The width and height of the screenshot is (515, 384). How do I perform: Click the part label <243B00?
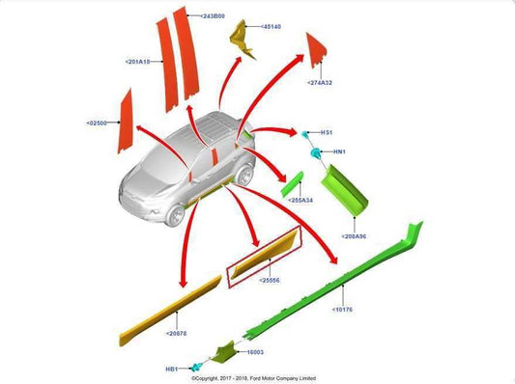click(x=213, y=16)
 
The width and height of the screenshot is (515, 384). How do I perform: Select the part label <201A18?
click(x=139, y=61)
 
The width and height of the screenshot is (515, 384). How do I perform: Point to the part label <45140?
click(x=270, y=27)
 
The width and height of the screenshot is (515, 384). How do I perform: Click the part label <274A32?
click(x=321, y=83)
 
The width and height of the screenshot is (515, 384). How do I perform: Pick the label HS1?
click(x=327, y=132)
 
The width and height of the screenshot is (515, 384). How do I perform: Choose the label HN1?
click(x=339, y=151)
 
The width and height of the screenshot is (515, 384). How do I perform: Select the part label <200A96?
click(x=356, y=235)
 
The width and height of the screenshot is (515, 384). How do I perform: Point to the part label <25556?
click(x=270, y=280)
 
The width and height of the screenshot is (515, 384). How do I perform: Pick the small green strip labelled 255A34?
click(x=294, y=183)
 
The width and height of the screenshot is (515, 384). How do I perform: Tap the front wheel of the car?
click(x=175, y=214)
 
